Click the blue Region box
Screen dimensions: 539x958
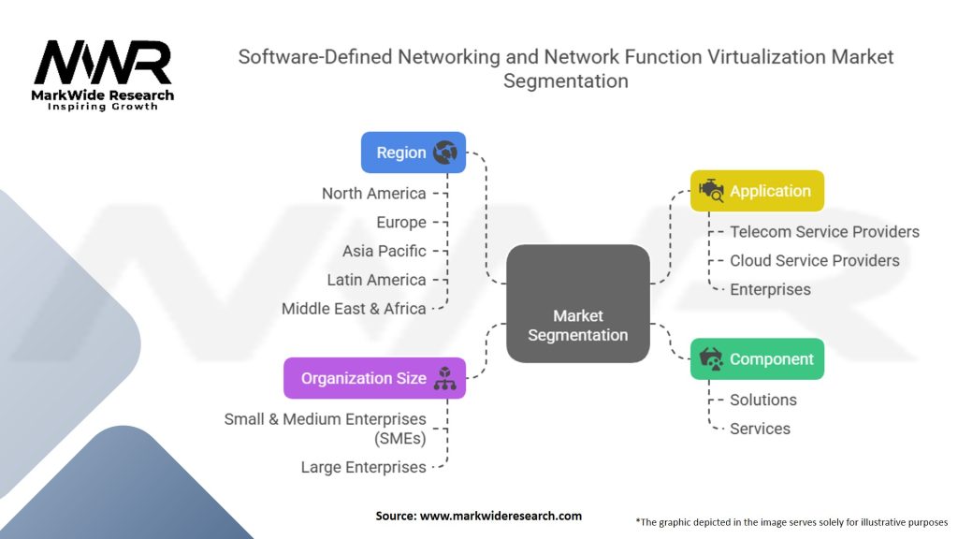413,153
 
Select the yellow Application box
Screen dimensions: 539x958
757,191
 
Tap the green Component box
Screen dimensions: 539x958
757,359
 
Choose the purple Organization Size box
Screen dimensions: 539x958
374,379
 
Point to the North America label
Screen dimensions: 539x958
373,194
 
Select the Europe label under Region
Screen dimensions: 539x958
400,223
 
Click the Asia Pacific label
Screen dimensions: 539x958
384,251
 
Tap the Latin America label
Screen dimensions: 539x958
376,280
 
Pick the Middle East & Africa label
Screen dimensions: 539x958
354,309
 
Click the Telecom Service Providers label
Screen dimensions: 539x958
824,232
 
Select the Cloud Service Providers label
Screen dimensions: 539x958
814,260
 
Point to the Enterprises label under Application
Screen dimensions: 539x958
770,289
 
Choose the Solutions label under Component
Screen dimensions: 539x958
763,400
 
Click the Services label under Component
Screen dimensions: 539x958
760,429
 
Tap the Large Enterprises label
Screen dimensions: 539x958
363,467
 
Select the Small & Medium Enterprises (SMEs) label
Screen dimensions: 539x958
325,429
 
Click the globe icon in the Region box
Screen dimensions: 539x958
444,153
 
